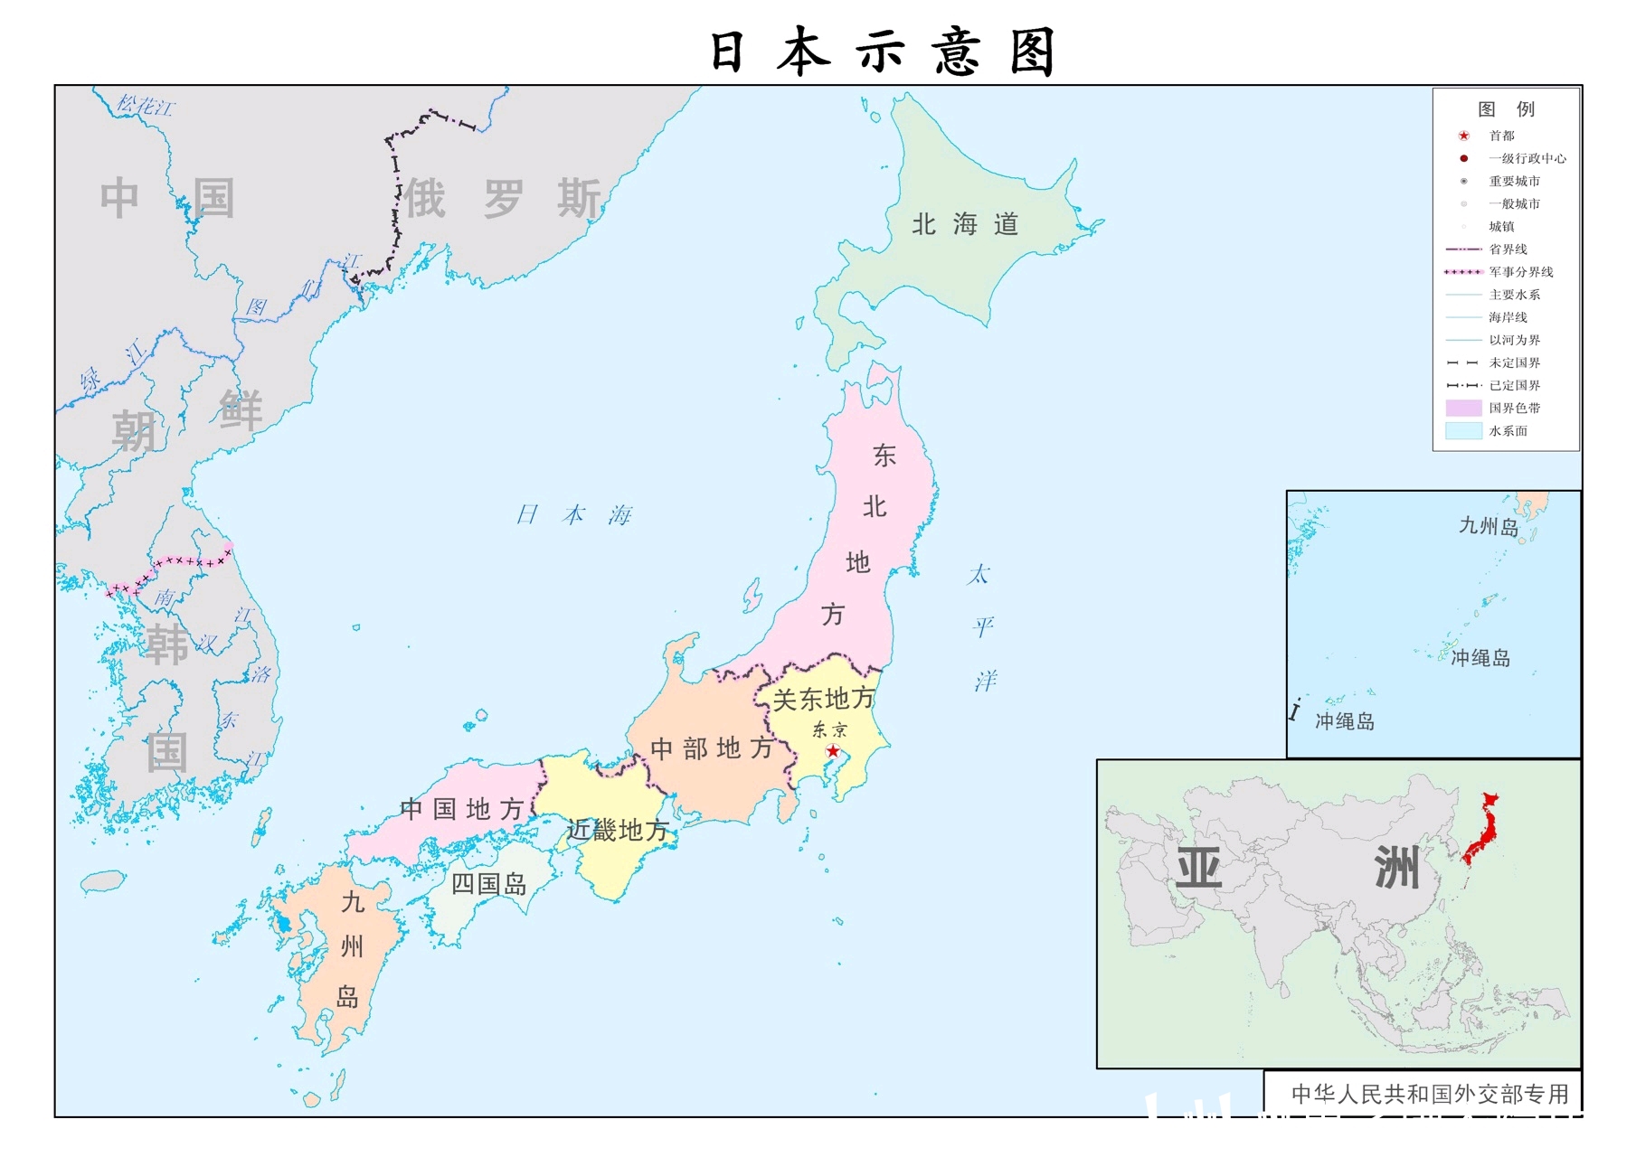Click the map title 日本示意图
882,52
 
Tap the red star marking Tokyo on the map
833,751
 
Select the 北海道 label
965,224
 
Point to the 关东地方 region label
823,699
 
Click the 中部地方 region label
712,748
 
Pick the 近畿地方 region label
617,830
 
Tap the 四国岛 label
488,883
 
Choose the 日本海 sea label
573,515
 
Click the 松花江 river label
145,106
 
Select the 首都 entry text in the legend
1501,136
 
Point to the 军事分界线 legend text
1520,272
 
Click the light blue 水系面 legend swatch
1463,431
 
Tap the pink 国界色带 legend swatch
1463,409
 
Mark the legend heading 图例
1506,109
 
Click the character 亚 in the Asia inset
1198,869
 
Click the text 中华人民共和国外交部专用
1430,1094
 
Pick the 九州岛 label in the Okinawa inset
1488,526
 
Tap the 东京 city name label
829,729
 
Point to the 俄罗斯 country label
502,199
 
